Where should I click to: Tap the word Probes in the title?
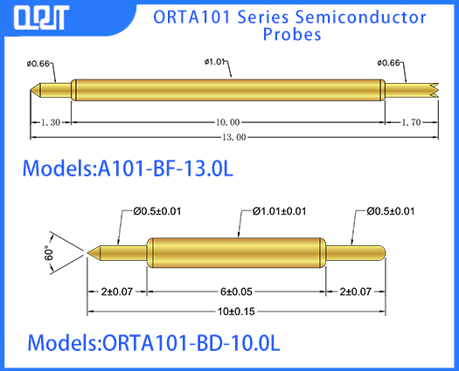[x=292, y=35]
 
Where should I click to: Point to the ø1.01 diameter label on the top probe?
[x=216, y=62]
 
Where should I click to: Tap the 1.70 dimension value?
[x=410, y=122]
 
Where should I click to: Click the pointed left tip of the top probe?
[x=35, y=89]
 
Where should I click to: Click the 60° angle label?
[x=50, y=253]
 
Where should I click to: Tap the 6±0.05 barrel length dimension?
[x=235, y=291]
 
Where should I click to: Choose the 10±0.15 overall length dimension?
[x=237, y=310]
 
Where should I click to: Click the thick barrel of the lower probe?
[x=236, y=252]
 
